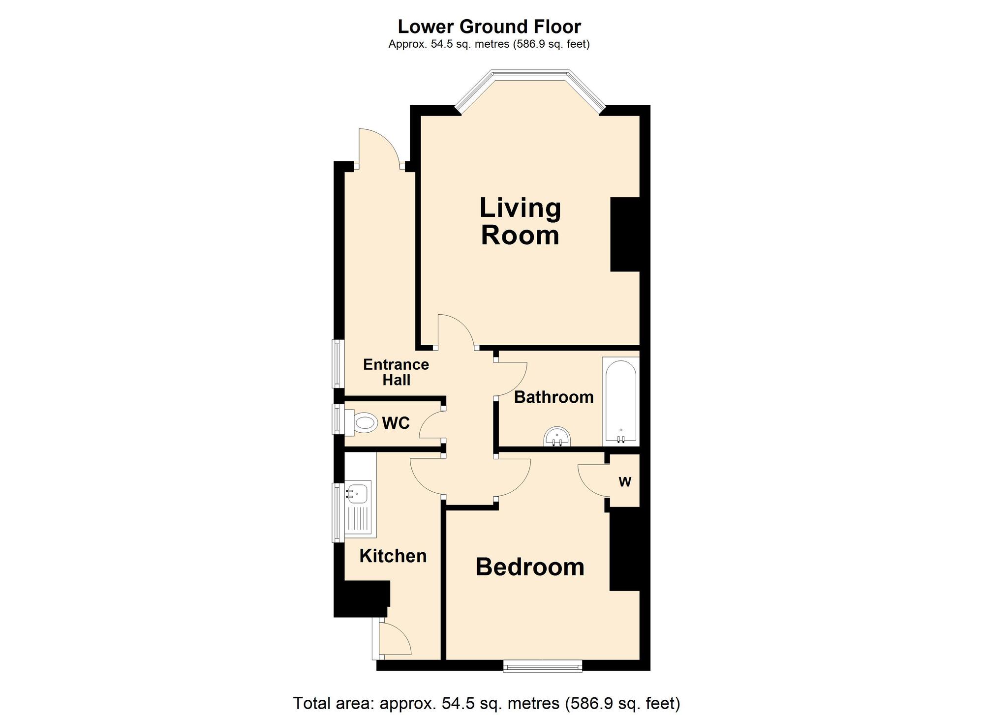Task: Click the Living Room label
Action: (x=520, y=221)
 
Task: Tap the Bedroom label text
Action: (x=530, y=567)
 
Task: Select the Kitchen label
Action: (x=393, y=556)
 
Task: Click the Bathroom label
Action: (x=553, y=397)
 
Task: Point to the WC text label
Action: (x=396, y=423)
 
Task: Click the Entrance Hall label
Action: (x=396, y=372)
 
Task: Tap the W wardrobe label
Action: (x=625, y=482)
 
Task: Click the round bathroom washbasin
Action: (x=557, y=437)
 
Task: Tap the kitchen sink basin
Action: (x=357, y=493)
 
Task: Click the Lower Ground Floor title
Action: (x=489, y=27)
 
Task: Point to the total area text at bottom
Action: (x=486, y=703)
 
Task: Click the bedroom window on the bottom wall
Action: (x=542, y=666)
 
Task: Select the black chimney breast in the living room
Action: (x=625, y=234)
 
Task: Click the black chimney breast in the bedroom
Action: (x=624, y=548)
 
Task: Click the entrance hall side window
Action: (x=338, y=363)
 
